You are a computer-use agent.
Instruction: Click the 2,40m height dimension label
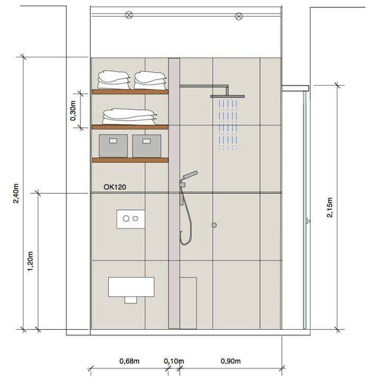click(x=16, y=193)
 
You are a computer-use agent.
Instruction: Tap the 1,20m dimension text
click(x=30, y=261)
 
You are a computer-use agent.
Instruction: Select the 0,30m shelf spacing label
click(x=73, y=110)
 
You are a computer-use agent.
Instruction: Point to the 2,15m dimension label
click(x=329, y=207)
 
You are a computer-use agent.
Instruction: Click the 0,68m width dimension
click(x=129, y=361)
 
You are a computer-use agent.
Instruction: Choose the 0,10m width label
click(x=174, y=361)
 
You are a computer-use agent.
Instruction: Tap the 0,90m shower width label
click(x=231, y=361)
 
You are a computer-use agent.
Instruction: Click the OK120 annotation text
click(x=115, y=187)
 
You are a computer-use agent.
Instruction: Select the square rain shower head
click(x=227, y=96)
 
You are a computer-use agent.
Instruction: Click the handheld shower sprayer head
click(x=190, y=175)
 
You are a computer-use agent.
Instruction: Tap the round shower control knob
click(x=214, y=225)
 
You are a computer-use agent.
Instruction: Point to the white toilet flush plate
click(x=131, y=219)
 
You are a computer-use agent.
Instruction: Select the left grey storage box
click(x=113, y=146)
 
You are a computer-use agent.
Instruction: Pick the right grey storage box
click(x=146, y=146)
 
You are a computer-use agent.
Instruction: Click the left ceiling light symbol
click(x=129, y=15)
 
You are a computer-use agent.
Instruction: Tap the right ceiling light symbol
click(x=239, y=16)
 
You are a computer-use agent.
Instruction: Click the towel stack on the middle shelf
click(x=129, y=117)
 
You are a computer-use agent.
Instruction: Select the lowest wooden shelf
click(x=130, y=160)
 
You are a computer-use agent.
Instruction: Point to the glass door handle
click(x=308, y=220)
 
